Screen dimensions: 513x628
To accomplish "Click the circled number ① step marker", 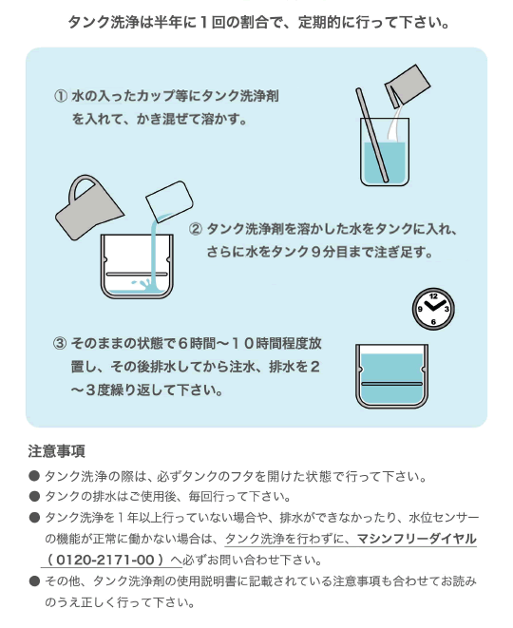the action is point(61,97).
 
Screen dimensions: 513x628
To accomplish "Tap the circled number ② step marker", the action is point(196,230).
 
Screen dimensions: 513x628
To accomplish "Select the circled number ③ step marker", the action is point(60,344).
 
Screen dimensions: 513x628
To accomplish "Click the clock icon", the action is point(433,309).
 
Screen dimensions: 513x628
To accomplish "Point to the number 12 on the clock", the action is point(433,296).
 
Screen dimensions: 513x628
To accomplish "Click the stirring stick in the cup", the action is point(372,135).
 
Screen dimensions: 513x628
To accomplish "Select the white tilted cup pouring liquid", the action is point(170,201).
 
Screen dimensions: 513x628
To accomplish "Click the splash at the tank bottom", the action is point(142,285).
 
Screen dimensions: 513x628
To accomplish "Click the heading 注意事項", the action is point(56,451).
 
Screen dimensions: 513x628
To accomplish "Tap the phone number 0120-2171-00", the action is point(105,560).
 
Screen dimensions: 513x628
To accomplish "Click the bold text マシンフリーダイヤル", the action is point(416,539).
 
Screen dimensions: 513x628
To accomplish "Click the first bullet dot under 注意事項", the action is point(34,476).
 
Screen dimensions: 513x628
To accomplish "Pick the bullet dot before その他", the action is point(34,580).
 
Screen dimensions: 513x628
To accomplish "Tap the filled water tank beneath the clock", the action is point(392,375).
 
